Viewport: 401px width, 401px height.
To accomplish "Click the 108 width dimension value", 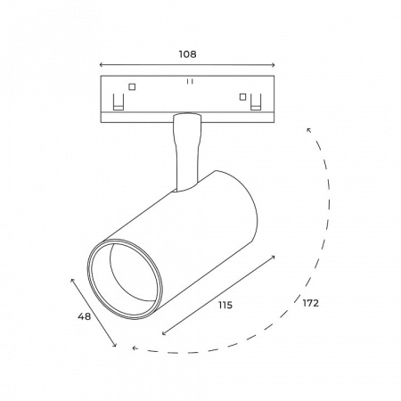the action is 187,54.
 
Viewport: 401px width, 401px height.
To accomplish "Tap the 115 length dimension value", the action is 225,305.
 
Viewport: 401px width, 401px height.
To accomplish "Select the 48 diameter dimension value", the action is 84,316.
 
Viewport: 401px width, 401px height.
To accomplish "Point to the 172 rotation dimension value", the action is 310,303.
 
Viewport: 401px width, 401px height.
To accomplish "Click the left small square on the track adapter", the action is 132,86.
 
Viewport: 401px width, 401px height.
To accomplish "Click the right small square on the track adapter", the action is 243,97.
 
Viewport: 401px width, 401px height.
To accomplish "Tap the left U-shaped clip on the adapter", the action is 119,102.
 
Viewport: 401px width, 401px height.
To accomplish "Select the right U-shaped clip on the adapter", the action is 256,102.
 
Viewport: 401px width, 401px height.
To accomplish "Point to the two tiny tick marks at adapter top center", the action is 190,81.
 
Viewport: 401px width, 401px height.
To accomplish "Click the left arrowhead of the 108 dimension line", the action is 101,65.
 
